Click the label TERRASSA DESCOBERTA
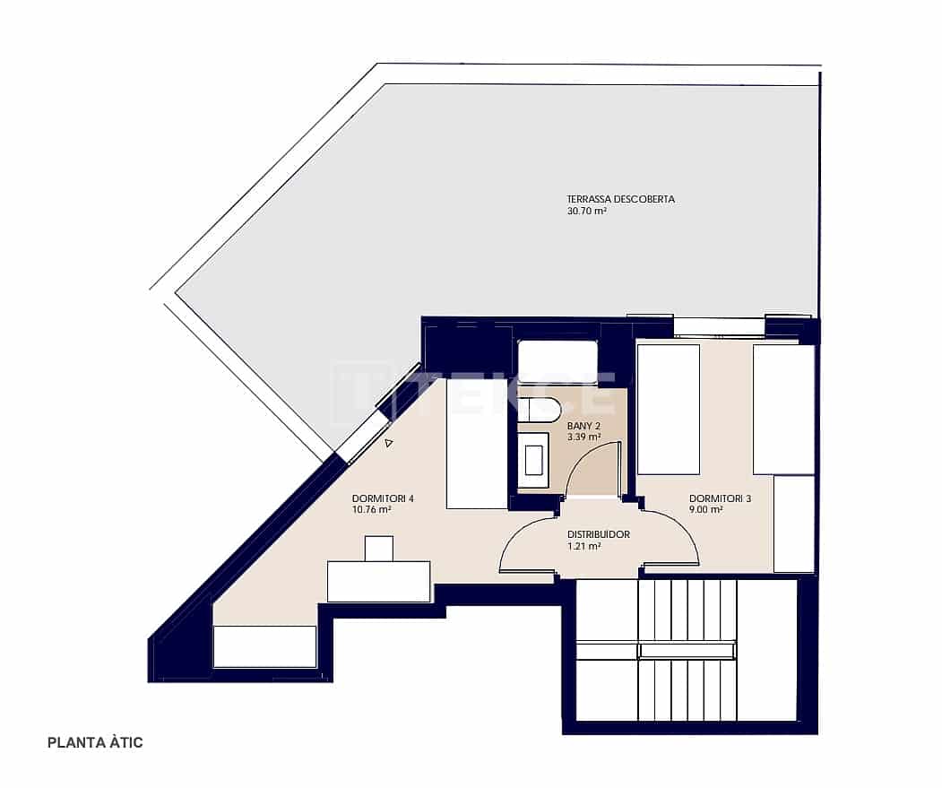pos(620,199)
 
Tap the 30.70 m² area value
pos(587,212)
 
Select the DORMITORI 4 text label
pos(383,498)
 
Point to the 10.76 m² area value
pos(372,510)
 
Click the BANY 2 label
pos(583,426)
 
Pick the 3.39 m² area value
pos(583,437)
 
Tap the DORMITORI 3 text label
pos(720,498)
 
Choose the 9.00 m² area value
pos(706,510)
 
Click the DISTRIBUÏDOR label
pos(599,534)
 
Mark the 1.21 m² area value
pos(583,546)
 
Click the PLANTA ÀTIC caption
pos(95,742)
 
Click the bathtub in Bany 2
pos(557,362)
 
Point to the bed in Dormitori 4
pos(476,444)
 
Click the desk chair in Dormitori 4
pos(379,548)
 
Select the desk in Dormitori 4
pos(378,581)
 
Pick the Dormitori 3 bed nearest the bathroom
pos(668,409)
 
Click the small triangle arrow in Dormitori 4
pos(388,443)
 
